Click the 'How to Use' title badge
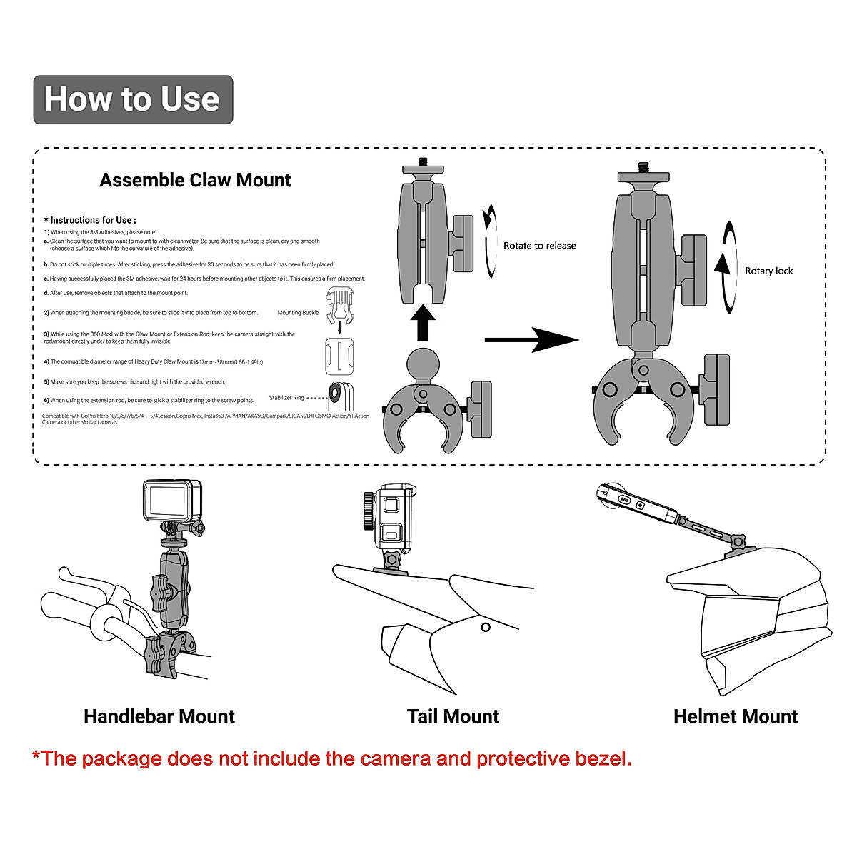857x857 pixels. coord(133,99)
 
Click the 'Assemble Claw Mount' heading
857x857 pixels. coord(195,180)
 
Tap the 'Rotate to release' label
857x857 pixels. coord(539,246)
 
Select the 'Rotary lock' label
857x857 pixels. coord(768,271)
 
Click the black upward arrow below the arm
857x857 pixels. coord(423,323)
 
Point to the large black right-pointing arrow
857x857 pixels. coord(531,340)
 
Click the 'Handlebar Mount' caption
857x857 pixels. coord(159,716)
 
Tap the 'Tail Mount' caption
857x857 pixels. coord(453,716)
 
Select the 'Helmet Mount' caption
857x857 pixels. coord(736,716)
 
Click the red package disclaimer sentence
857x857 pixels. coord(332,758)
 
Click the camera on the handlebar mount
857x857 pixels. coord(172,501)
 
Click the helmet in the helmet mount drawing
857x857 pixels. coord(757,614)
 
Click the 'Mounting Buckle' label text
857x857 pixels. coord(298,313)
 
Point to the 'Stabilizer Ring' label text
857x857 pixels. coord(286,398)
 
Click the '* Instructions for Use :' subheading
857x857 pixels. coord(90,220)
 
